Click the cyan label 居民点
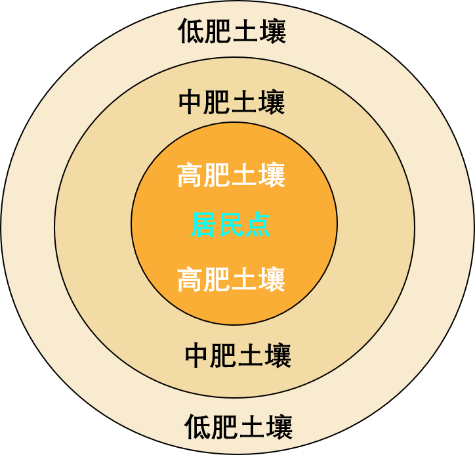click(x=230, y=226)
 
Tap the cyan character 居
click(x=203, y=226)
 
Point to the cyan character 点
click(x=257, y=226)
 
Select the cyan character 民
click(x=230, y=226)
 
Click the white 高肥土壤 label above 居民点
click(x=231, y=175)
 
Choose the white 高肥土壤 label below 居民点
click(x=231, y=280)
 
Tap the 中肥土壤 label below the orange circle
click(x=237, y=356)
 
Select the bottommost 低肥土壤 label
click(x=237, y=427)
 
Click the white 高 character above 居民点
click(x=190, y=175)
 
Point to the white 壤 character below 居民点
click(x=272, y=280)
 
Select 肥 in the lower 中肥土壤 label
click(x=224, y=356)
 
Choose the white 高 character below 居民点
click(x=190, y=280)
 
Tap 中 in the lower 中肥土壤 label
click(x=197, y=356)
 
